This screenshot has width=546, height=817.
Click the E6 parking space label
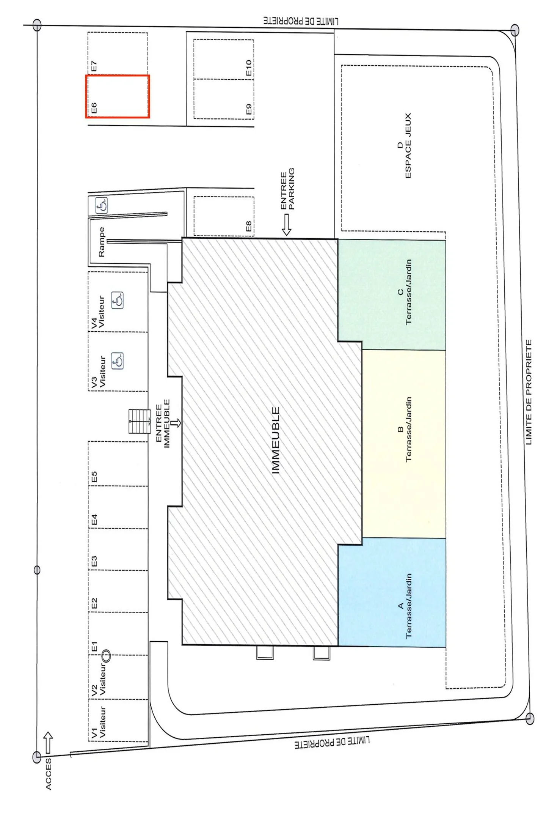point(94,108)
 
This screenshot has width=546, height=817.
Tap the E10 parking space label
point(249,68)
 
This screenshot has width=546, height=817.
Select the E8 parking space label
point(249,226)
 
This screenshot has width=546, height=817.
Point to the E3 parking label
point(94,561)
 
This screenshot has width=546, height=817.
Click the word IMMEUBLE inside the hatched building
point(276,440)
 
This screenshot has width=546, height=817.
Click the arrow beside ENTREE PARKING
point(287,225)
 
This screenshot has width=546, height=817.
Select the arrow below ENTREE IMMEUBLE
point(176,423)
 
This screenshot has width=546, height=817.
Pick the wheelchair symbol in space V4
point(117,301)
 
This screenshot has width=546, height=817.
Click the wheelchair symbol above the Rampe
point(102,205)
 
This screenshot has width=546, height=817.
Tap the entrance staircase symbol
point(140,421)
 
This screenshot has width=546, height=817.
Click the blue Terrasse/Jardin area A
point(392,592)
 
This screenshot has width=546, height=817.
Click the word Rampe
point(101,242)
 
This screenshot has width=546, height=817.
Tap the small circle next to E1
point(106,655)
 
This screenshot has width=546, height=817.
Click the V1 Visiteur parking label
point(98,722)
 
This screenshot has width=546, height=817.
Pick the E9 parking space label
point(249,109)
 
